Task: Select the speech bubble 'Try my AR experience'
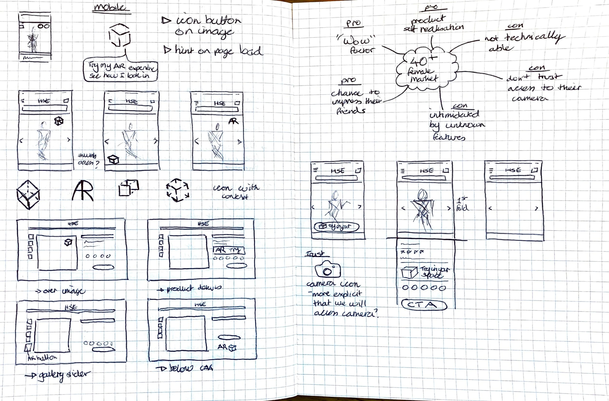tap(121, 71)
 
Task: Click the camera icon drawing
tap(328, 270)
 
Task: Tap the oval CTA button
tap(424, 305)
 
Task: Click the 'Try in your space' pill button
tap(336, 227)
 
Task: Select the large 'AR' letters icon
tap(82, 191)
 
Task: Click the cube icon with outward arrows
tap(177, 190)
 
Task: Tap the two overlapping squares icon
tap(128, 188)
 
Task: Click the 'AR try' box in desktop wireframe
tap(228, 250)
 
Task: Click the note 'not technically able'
tap(522, 42)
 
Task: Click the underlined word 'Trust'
tap(315, 254)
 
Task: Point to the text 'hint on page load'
tap(214, 51)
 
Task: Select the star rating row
tap(412, 252)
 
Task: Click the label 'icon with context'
tap(235, 192)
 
